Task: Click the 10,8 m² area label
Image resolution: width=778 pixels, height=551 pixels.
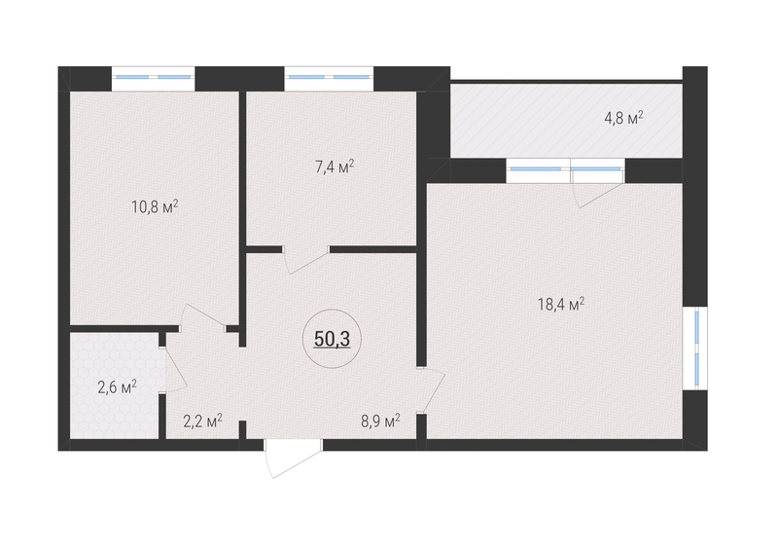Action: (155, 206)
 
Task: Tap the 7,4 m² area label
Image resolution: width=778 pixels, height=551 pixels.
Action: (335, 166)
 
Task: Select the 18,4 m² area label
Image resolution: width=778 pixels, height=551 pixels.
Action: (561, 304)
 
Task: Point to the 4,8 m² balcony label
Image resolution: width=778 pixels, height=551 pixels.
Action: (623, 118)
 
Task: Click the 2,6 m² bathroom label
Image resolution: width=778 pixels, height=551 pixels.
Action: (117, 386)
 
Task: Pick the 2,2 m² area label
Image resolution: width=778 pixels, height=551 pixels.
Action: (202, 422)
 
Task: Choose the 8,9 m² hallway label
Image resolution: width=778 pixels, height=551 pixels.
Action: (380, 422)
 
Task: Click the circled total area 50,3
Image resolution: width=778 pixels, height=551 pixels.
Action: (332, 339)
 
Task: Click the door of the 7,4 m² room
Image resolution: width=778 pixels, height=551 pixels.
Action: (305, 260)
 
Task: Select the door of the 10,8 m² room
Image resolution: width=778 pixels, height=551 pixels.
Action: (203, 317)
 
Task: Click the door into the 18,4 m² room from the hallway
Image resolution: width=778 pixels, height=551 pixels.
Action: (431, 390)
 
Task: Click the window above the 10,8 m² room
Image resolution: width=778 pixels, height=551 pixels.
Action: (153, 78)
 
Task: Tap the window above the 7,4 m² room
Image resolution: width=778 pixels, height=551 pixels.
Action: (329, 78)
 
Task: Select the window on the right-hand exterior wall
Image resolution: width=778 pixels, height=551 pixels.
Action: (695, 348)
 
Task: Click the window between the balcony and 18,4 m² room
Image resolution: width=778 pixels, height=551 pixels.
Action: (566, 170)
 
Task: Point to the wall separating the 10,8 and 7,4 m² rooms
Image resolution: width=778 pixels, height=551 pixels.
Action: (242, 219)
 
